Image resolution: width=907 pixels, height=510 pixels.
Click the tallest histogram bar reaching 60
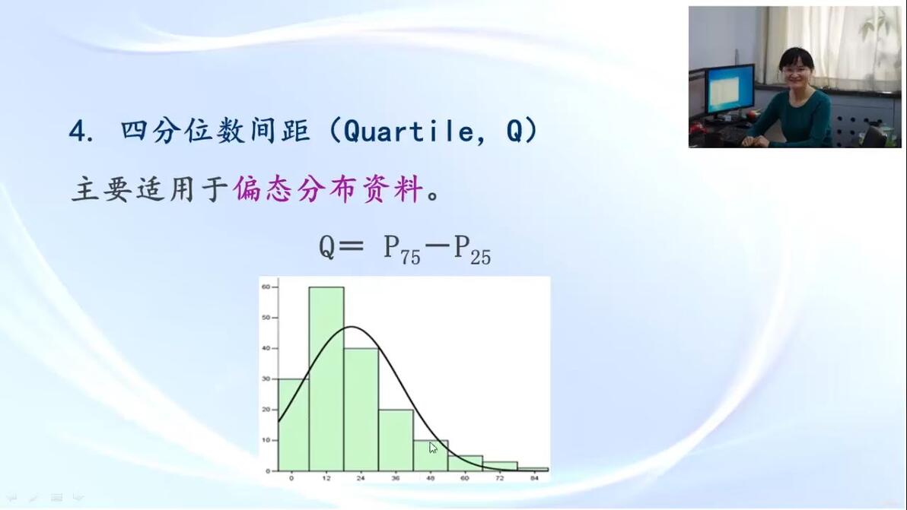[x=326, y=379]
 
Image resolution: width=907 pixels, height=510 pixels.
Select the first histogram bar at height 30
[x=294, y=425]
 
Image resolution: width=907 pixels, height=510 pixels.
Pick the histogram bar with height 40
[x=361, y=410]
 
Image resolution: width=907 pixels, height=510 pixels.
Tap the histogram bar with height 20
[x=396, y=440]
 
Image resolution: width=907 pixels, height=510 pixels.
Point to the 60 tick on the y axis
[x=266, y=287]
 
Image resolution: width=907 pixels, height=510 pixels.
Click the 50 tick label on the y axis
[x=266, y=318]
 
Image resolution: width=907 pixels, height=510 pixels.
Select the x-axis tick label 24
[x=361, y=478]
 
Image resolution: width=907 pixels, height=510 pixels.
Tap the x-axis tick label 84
[x=534, y=478]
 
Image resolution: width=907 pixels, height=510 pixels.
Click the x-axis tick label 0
[x=291, y=478]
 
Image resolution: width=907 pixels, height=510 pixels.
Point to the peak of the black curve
[x=352, y=327]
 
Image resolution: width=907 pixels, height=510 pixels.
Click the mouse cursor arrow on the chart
[x=433, y=448]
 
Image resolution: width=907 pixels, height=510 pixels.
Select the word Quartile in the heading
[x=409, y=131]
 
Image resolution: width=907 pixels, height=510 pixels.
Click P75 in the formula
[x=402, y=249]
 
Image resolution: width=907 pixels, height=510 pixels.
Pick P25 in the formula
[x=472, y=249]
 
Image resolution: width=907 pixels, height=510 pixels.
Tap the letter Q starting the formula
[x=327, y=248]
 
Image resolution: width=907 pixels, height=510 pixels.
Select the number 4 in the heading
[x=76, y=131]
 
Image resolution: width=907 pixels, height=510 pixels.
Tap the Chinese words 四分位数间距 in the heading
[x=215, y=131]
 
